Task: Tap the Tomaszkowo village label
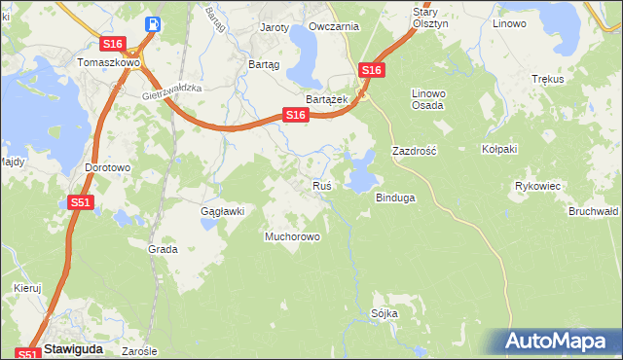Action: (x=109, y=61)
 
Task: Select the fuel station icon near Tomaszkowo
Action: (x=152, y=23)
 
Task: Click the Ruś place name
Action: (x=322, y=185)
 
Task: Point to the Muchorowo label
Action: (x=294, y=235)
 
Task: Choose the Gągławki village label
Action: (x=221, y=210)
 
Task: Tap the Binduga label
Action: (x=396, y=198)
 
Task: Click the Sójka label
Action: (x=385, y=313)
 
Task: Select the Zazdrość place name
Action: (x=414, y=152)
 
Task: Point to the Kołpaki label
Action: (x=498, y=150)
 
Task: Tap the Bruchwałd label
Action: (x=594, y=210)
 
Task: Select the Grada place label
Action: (x=163, y=249)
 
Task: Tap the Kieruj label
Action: (x=28, y=288)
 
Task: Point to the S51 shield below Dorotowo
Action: (x=81, y=202)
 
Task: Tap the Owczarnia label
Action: (x=333, y=27)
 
